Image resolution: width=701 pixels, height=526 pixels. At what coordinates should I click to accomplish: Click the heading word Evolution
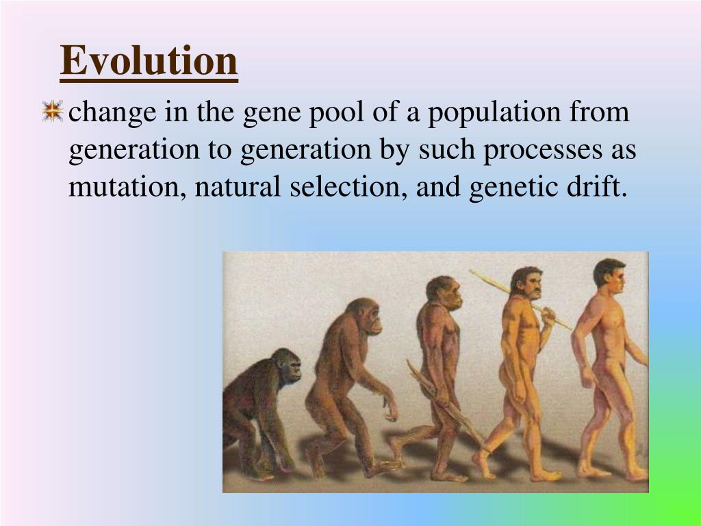pyautogui.click(x=149, y=61)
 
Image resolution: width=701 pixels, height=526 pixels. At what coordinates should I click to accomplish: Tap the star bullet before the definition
pyautogui.click(x=52, y=112)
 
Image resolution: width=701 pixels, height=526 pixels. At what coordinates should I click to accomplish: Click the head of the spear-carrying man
pyautogui.click(x=526, y=282)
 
